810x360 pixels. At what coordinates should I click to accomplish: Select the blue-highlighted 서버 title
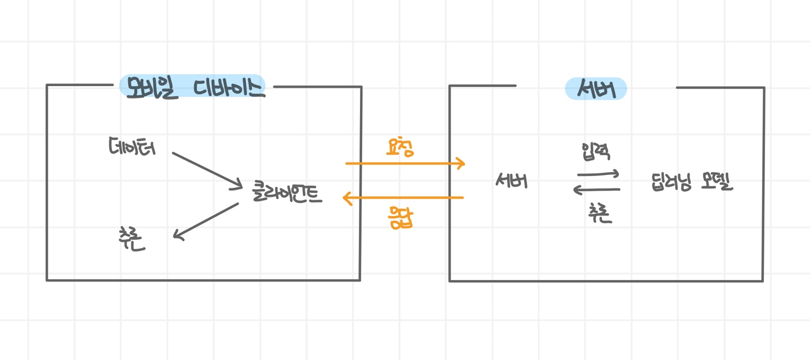tap(596, 89)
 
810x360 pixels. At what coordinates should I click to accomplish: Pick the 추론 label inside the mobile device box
tap(132, 239)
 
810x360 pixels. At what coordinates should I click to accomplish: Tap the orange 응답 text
tap(400, 217)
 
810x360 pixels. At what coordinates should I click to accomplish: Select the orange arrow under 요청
tap(405, 164)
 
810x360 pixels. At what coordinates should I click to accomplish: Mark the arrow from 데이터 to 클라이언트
tap(206, 169)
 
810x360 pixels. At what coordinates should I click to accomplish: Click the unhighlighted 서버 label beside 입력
tap(511, 181)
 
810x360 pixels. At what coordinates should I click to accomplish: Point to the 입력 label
tap(597, 151)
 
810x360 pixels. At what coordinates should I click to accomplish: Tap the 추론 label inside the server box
tap(600, 213)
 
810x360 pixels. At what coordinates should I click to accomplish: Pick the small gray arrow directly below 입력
tap(598, 173)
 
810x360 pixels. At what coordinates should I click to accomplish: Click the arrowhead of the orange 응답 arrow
tap(346, 197)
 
